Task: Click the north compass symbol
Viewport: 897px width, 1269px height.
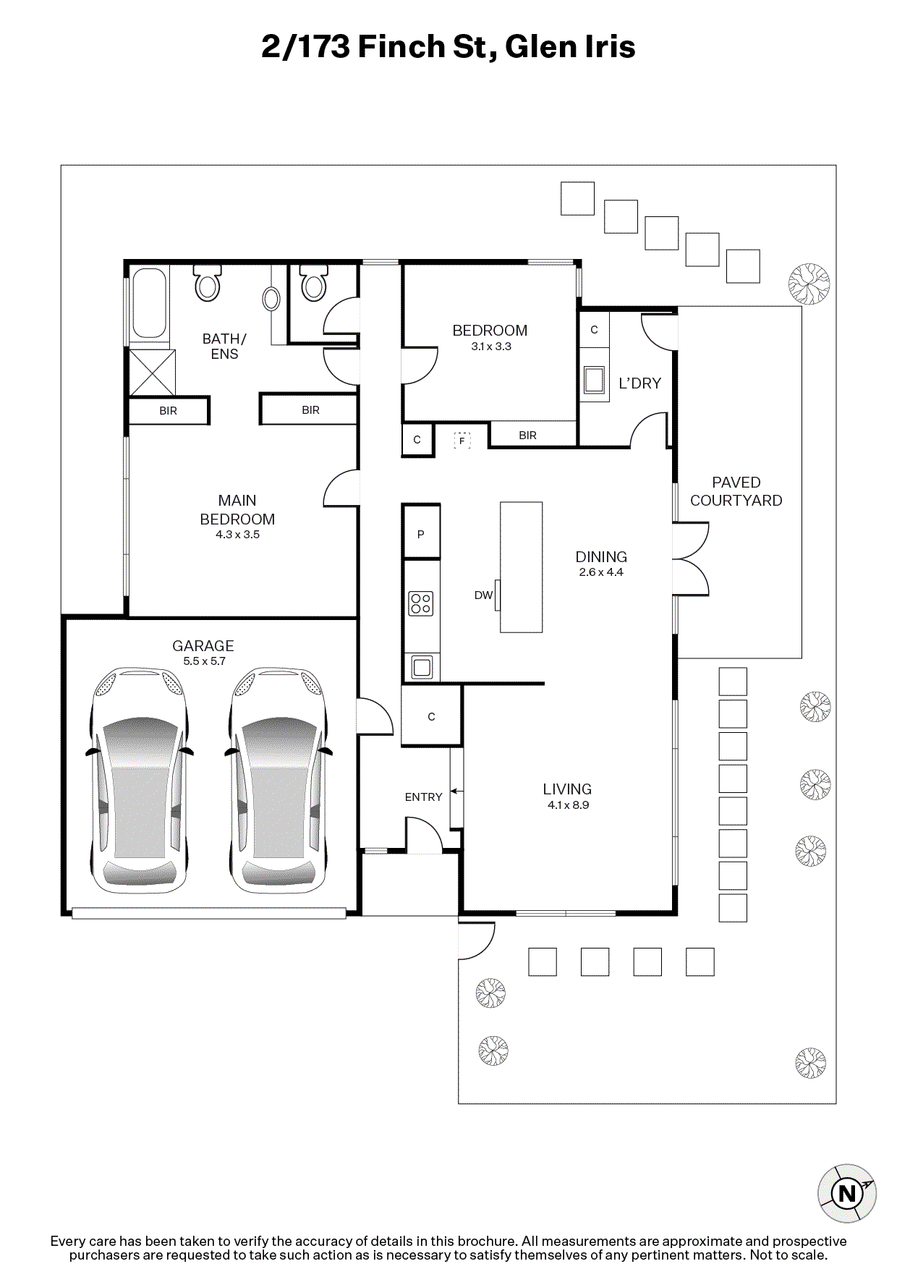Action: click(x=846, y=1193)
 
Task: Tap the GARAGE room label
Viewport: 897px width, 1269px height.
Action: click(x=203, y=646)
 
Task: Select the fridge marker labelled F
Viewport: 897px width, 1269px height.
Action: click(x=462, y=440)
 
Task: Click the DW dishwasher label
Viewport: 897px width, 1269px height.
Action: click(x=483, y=595)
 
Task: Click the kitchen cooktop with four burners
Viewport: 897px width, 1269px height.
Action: click(x=421, y=603)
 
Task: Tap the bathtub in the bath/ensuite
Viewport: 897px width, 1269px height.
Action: click(x=150, y=304)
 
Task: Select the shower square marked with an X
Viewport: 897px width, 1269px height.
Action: click(x=152, y=373)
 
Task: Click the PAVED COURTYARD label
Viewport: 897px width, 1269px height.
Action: click(x=736, y=491)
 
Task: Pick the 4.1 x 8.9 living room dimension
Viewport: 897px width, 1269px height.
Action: click(x=569, y=805)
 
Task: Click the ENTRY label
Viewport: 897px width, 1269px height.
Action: click(x=423, y=797)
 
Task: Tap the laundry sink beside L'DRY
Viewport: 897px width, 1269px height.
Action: click(x=594, y=379)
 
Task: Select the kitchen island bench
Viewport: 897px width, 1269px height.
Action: click(x=522, y=567)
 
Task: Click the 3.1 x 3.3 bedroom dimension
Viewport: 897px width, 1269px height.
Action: click(x=491, y=347)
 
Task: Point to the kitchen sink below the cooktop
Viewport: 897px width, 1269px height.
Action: click(x=422, y=667)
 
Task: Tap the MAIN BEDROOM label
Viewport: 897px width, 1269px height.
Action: click(x=237, y=510)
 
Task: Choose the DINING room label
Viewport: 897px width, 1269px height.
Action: click(x=601, y=557)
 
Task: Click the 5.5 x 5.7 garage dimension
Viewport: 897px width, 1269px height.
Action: click(x=205, y=661)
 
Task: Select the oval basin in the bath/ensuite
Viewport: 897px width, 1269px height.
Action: click(x=271, y=299)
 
